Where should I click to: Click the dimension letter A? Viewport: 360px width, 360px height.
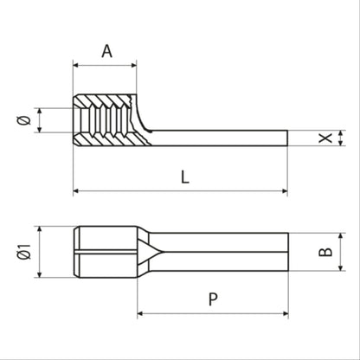tap(106, 51)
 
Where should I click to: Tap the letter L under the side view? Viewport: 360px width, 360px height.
tap(184, 177)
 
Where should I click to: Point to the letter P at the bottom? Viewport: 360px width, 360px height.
tap(212, 299)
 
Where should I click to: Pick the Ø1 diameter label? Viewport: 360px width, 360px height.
tap(25, 252)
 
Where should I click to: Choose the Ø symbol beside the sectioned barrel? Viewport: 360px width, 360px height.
tap(25, 119)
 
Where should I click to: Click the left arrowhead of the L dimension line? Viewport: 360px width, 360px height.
tap(77, 190)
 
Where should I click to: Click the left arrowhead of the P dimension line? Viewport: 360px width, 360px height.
tap(141, 313)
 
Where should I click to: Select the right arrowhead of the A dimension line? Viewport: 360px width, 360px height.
tap(132, 64)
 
